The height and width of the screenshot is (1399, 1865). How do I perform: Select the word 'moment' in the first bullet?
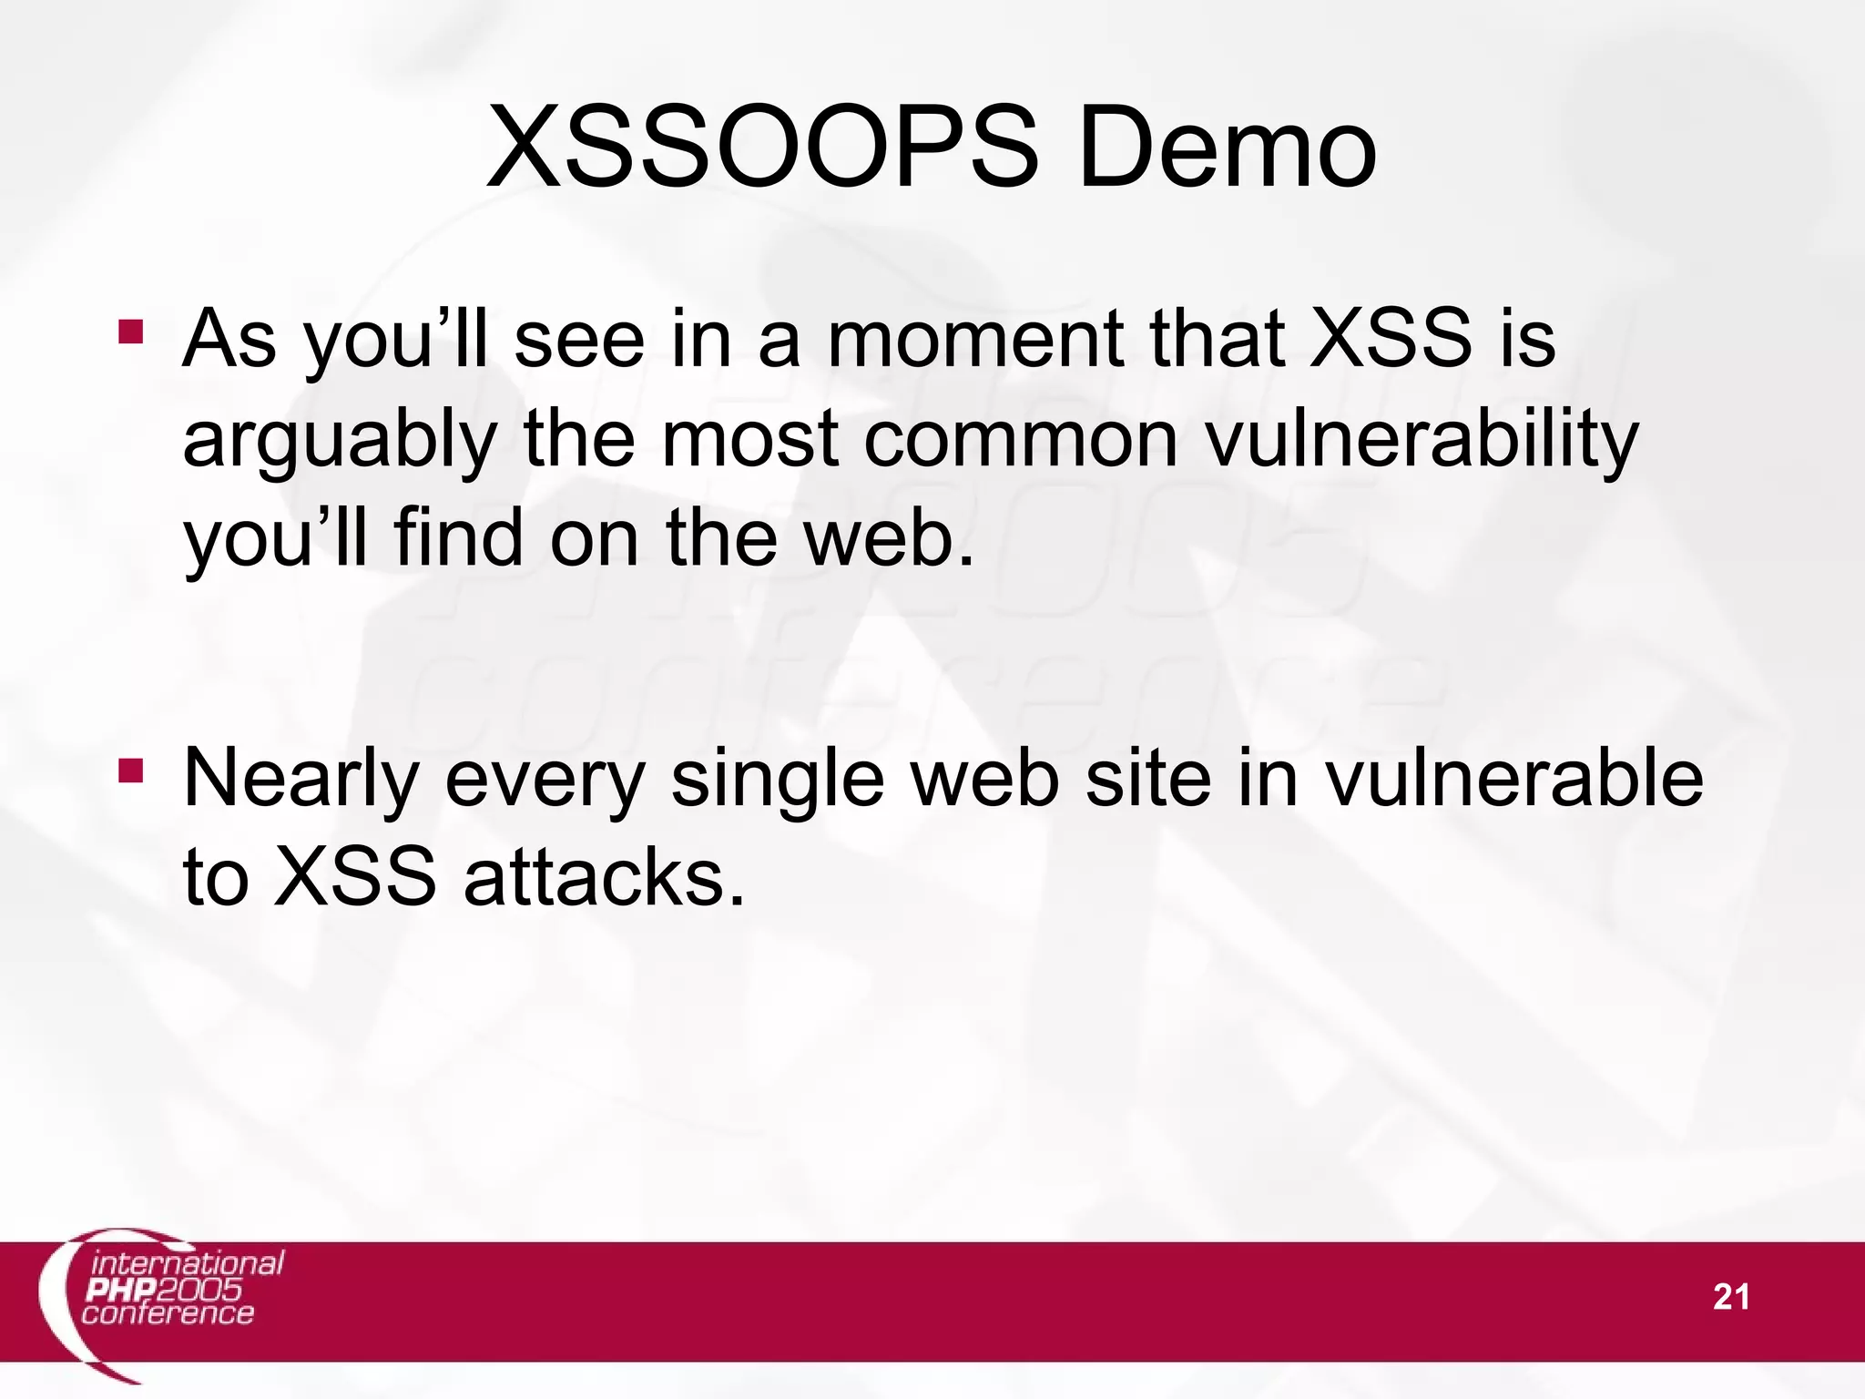974,339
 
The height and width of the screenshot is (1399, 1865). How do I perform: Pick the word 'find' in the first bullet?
458,537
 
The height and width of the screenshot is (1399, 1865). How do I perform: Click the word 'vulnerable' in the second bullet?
1513,779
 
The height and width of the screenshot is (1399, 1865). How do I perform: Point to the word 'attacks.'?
604,878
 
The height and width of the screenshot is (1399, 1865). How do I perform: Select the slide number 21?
1730,1297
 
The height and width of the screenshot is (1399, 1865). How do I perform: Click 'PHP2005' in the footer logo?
163,1290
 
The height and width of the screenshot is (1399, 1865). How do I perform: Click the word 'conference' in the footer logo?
168,1313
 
